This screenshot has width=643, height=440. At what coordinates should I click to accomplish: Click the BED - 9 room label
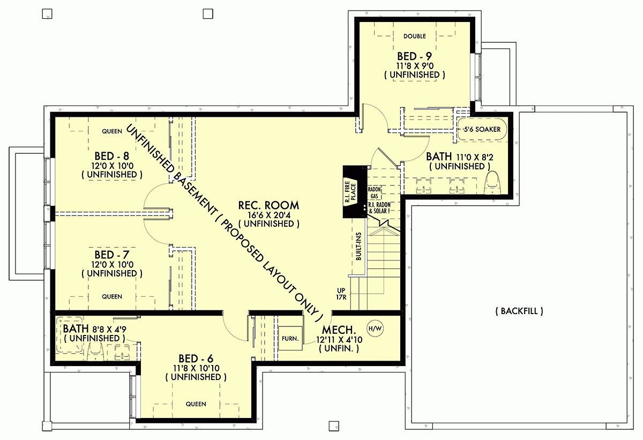pyautogui.click(x=414, y=56)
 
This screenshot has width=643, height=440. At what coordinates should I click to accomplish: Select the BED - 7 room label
pyautogui.click(x=112, y=255)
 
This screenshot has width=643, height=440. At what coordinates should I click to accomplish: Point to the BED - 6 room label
pyautogui.click(x=196, y=358)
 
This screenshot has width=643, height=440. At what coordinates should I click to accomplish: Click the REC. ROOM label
pyautogui.click(x=269, y=205)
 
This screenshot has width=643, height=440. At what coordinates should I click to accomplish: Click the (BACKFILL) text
pyautogui.click(x=519, y=311)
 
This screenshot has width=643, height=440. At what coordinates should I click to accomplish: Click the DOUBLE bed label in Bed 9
pyautogui.click(x=414, y=36)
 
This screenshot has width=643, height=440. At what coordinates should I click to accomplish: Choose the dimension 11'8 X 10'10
pyautogui.click(x=196, y=368)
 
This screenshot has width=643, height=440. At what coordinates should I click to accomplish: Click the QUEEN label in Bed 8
pyautogui.click(x=112, y=130)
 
